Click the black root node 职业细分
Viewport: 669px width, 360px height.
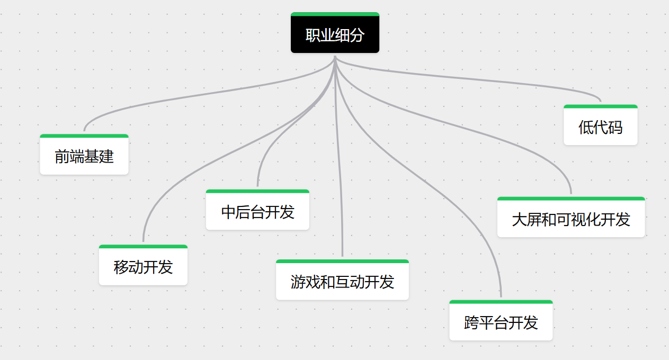pyautogui.click(x=335, y=33)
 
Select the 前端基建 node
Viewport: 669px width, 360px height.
pyautogui.click(x=84, y=155)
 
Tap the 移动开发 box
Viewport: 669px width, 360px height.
pyautogui.click(x=143, y=265)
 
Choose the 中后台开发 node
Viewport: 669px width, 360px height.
pyautogui.click(x=257, y=210)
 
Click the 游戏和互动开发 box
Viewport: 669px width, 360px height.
pyautogui.click(x=342, y=280)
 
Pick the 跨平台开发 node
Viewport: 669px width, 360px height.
pyautogui.click(x=501, y=320)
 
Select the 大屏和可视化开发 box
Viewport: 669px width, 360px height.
pyautogui.click(x=571, y=217)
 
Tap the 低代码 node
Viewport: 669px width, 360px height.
pyautogui.click(x=601, y=125)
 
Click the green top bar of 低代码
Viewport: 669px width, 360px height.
pyautogui.click(x=601, y=106)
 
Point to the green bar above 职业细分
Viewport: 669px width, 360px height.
pyautogui.click(x=335, y=14)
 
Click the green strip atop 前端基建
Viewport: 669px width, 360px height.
pyautogui.click(x=84, y=136)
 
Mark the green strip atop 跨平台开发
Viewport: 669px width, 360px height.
pyautogui.click(x=501, y=302)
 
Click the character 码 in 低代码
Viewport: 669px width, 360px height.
pyautogui.click(x=616, y=127)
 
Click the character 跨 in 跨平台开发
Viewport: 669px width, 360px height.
pyautogui.click(x=471, y=323)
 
